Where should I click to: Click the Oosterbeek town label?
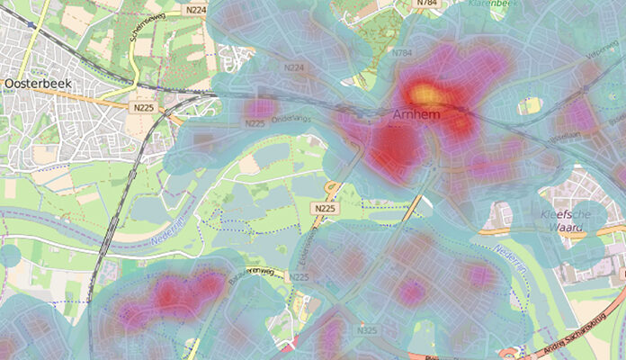coord(37,83)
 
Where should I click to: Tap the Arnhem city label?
coord(416,115)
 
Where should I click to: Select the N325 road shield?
coord(366,331)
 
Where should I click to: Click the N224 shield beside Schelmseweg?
coord(195,9)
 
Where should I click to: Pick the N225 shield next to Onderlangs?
coord(255,123)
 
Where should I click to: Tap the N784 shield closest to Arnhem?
coord(402,54)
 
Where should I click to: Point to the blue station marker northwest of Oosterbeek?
coord(32,24)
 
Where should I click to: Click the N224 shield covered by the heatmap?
coord(294,67)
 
